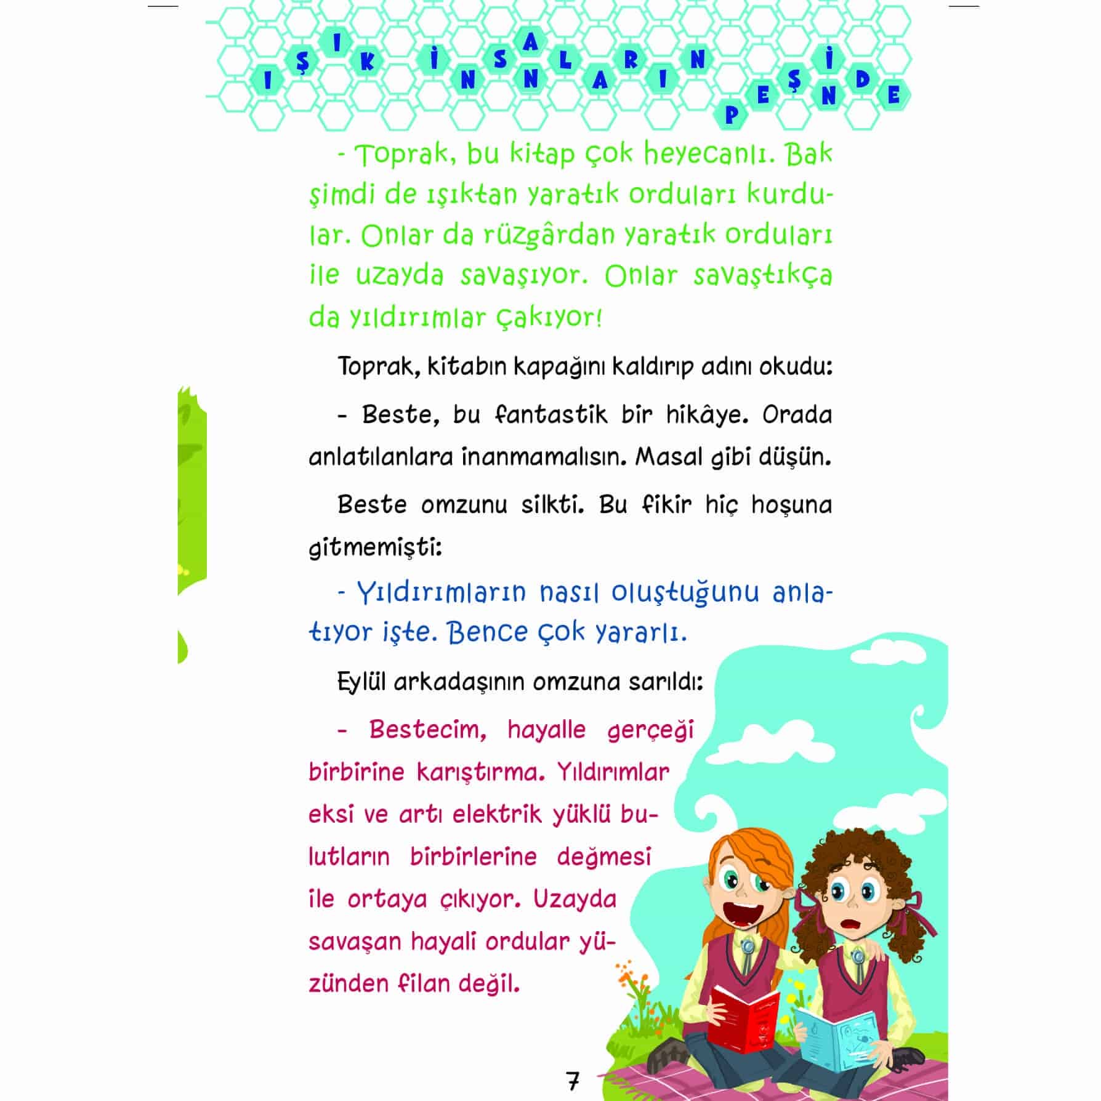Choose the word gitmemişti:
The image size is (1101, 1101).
click(375, 547)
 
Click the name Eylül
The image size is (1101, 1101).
click(361, 682)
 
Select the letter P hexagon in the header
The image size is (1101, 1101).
click(731, 115)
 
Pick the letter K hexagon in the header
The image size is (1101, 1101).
click(367, 63)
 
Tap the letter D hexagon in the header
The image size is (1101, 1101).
click(862, 79)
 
